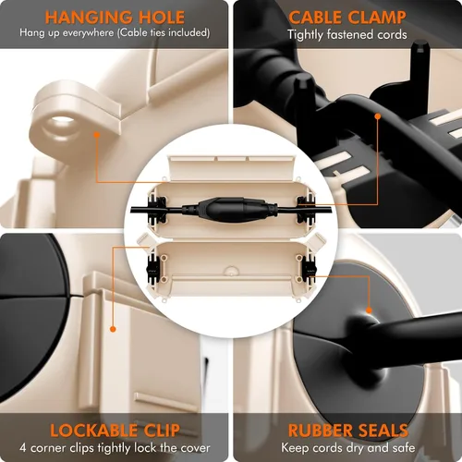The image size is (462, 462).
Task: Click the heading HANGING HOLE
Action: click(115, 18)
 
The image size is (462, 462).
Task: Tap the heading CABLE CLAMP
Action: click(347, 18)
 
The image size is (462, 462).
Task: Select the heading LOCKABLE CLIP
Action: click(115, 431)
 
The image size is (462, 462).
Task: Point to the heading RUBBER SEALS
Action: click(348, 431)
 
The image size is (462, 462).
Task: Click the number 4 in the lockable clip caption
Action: click(22, 448)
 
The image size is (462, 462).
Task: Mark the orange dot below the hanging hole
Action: click(97, 135)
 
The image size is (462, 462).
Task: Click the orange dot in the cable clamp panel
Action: click(378, 116)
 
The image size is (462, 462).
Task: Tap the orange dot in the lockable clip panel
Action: click(113, 329)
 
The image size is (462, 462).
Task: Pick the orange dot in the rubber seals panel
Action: click(369, 310)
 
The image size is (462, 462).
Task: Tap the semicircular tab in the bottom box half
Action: click(231, 272)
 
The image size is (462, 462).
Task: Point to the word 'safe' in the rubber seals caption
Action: click(404, 447)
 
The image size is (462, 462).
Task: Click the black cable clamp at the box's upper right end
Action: click(306, 210)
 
